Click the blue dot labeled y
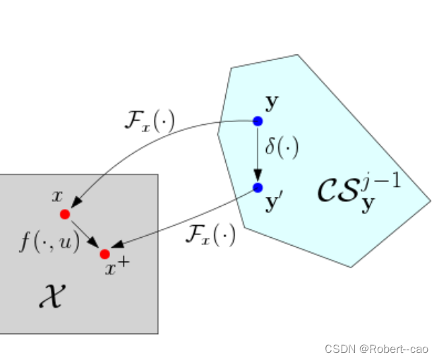coord(258,121)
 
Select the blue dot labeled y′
coord(258,187)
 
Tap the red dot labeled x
coord(65,214)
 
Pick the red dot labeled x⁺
coord(105,253)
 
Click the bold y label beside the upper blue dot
coord(272,103)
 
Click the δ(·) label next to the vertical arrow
coord(282,148)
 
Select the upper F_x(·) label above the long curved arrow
coord(149,121)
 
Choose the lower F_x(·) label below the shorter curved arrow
coord(210,234)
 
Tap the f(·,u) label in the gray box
coord(49,242)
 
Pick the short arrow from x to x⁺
coord(85,234)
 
